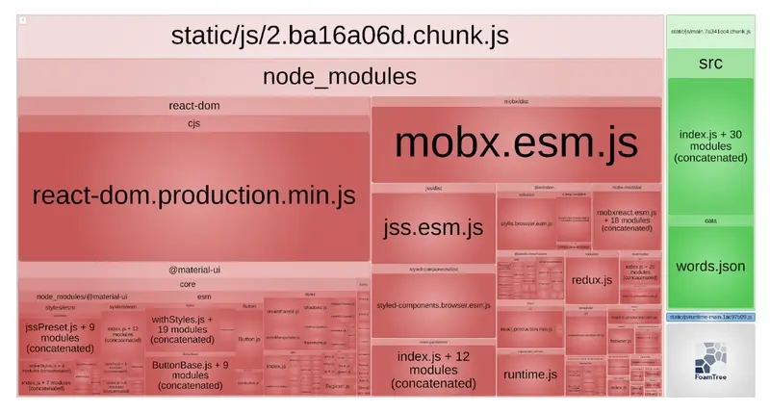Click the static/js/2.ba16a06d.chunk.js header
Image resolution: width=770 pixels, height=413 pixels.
(x=339, y=37)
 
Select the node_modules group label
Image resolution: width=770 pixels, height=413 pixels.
(x=339, y=77)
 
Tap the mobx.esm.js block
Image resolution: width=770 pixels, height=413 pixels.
(x=516, y=142)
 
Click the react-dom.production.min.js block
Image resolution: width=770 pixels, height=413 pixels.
(x=193, y=195)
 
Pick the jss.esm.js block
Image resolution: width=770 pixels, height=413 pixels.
(x=433, y=228)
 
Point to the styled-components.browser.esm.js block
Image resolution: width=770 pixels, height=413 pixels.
(x=433, y=305)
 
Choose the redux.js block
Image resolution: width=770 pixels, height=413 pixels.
(x=592, y=280)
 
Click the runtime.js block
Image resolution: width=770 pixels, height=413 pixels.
(x=529, y=374)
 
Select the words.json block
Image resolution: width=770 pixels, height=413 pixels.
(x=710, y=267)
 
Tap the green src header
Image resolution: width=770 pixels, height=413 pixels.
(x=710, y=64)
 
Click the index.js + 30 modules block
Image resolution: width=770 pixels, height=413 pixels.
(x=710, y=145)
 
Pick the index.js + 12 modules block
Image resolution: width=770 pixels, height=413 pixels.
(x=433, y=370)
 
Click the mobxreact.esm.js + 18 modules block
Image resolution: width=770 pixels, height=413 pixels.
(x=626, y=219)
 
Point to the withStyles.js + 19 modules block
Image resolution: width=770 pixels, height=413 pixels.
(x=183, y=329)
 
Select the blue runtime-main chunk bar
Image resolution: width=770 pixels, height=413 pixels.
(x=710, y=317)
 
